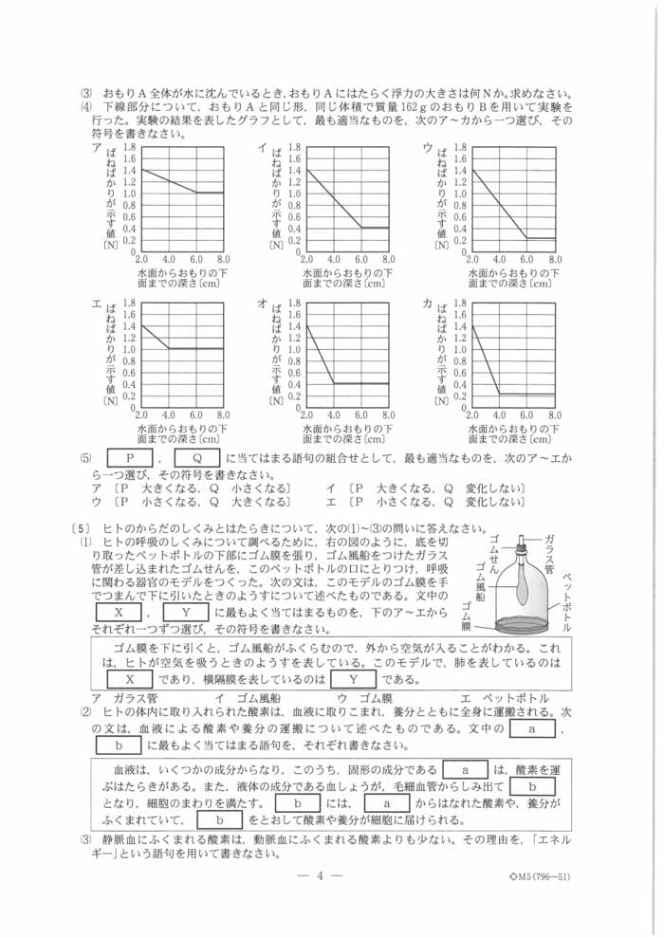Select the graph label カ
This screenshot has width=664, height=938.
click(x=428, y=303)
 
